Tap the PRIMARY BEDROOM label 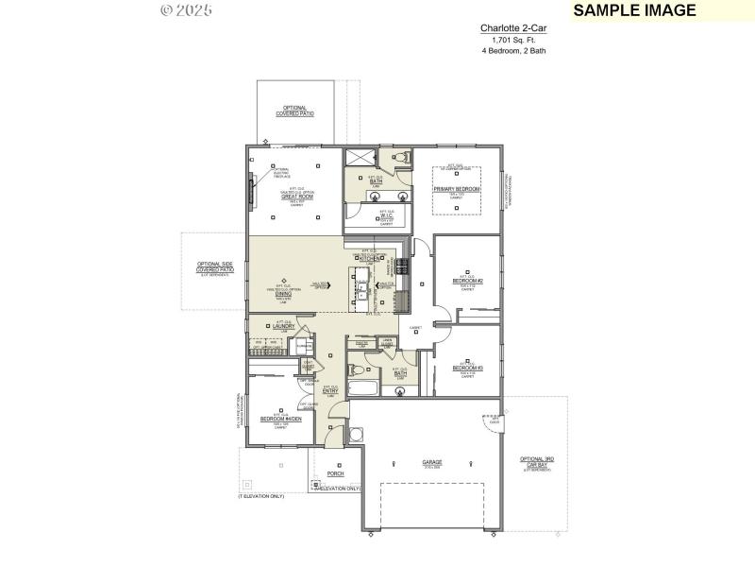pyautogui.click(x=457, y=189)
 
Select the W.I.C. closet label pyautogui.click(x=387, y=216)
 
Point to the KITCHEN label pyautogui.click(x=369, y=258)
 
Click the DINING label pyautogui.click(x=283, y=294)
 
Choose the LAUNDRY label pyautogui.click(x=284, y=327)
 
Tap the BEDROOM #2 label pyautogui.click(x=467, y=282)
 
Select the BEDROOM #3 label pyautogui.click(x=467, y=368)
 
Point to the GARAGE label pyautogui.click(x=432, y=462)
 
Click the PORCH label pyautogui.click(x=335, y=473)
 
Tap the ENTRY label pyautogui.click(x=330, y=390)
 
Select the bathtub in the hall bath pyautogui.click(x=363, y=388)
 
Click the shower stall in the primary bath pyautogui.click(x=360, y=158)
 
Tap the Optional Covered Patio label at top pyautogui.click(x=295, y=111)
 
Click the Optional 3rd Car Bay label pyautogui.click(x=537, y=462)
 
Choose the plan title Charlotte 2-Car pyautogui.click(x=514, y=29)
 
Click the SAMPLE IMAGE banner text pyautogui.click(x=634, y=10)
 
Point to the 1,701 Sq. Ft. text pyautogui.click(x=514, y=40)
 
